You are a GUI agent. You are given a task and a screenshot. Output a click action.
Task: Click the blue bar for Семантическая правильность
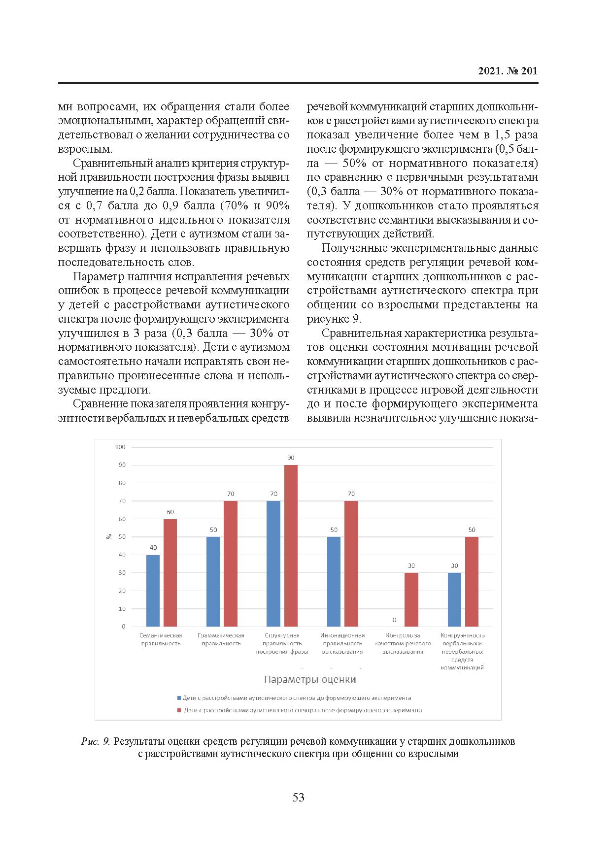153,591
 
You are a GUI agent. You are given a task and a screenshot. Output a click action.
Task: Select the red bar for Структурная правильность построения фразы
291,545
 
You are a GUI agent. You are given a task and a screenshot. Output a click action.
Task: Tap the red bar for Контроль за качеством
411,599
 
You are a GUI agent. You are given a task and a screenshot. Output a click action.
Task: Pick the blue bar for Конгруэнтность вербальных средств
454,599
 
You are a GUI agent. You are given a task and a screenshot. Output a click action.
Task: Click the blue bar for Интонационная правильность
334,581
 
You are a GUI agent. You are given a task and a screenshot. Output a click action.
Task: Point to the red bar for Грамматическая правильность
231,564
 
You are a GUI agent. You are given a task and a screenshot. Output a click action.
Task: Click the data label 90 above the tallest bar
291,458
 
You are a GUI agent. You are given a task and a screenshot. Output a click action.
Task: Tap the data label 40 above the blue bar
153,547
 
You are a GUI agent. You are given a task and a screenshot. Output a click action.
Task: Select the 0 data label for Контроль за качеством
395,620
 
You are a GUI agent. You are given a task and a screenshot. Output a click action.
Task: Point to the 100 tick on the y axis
120,447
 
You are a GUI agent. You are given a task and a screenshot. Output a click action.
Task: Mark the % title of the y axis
109,536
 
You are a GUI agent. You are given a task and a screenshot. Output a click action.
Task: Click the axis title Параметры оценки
310,679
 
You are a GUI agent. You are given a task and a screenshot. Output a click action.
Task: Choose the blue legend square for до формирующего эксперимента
179,698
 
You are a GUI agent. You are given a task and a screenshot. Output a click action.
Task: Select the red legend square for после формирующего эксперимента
179,711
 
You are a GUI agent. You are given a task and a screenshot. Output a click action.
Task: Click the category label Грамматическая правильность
221,639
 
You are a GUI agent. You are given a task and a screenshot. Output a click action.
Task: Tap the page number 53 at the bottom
299,797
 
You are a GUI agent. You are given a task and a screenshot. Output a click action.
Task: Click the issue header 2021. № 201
508,71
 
